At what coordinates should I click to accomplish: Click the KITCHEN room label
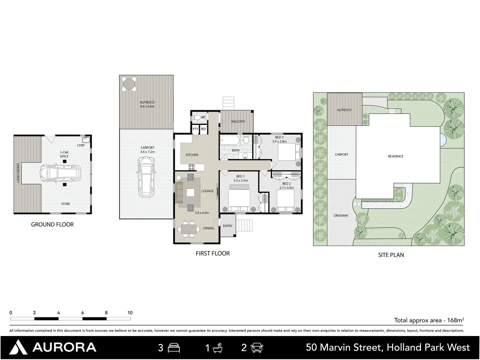[x=192, y=155]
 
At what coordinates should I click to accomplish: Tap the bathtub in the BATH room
[x=230, y=140]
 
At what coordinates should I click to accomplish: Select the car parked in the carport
[x=147, y=177]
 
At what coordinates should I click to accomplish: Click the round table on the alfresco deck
[x=129, y=84]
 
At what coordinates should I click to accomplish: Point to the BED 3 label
[x=279, y=137]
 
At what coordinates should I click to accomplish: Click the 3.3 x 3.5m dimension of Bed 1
[x=241, y=181]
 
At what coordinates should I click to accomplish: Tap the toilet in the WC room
[x=196, y=118]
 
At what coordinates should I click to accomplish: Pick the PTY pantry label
[x=195, y=129]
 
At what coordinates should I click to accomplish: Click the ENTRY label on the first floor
[x=228, y=226]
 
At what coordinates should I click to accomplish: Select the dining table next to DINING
[x=189, y=229]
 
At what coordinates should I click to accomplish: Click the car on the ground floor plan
[x=60, y=174]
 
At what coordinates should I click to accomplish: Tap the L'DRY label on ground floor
[x=81, y=145]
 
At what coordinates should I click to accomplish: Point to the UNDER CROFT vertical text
[x=18, y=173]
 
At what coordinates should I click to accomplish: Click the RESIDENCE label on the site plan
[x=396, y=156]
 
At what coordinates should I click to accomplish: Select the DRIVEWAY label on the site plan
[x=341, y=216]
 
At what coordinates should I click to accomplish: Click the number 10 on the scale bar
[x=130, y=313]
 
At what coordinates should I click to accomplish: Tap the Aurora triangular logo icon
[x=18, y=347]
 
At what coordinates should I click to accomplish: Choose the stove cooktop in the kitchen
[x=191, y=167]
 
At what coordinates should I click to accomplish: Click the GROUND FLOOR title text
[x=52, y=224]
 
